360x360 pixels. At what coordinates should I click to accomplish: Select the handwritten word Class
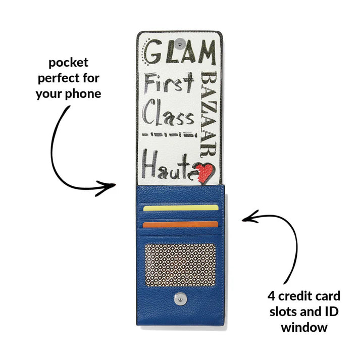(x=169, y=114)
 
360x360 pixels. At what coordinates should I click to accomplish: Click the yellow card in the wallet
(x=180, y=207)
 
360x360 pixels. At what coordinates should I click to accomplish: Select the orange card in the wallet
(x=180, y=224)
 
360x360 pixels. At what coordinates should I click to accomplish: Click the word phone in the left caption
(x=84, y=93)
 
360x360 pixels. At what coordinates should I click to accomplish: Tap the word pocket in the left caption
(x=69, y=63)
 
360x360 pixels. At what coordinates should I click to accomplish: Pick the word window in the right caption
(x=304, y=327)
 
